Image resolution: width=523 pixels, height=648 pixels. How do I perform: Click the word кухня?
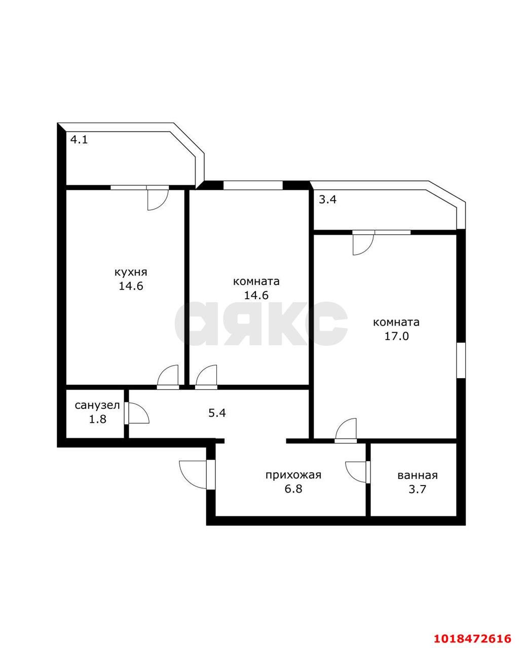(131, 272)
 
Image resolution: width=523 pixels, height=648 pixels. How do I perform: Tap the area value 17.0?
(396, 336)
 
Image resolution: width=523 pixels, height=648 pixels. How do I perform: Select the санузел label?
(97, 406)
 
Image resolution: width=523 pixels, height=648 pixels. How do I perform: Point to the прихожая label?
(293, 475)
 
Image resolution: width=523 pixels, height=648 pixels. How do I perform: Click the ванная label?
(418, 475)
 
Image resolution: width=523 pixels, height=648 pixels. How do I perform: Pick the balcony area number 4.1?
(79, 140)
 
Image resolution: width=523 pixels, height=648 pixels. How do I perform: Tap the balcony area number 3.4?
(328, 199)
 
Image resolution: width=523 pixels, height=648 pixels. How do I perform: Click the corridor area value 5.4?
(217, 413)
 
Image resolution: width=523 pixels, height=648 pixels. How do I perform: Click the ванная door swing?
(356, 472)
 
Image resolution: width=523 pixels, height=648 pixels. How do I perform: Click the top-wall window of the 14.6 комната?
(253, 185)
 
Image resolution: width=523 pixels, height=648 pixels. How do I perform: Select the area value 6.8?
(293, 489)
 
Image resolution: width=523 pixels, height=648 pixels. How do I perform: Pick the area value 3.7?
(418, 489)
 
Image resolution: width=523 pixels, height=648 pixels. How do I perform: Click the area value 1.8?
(97, 419)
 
